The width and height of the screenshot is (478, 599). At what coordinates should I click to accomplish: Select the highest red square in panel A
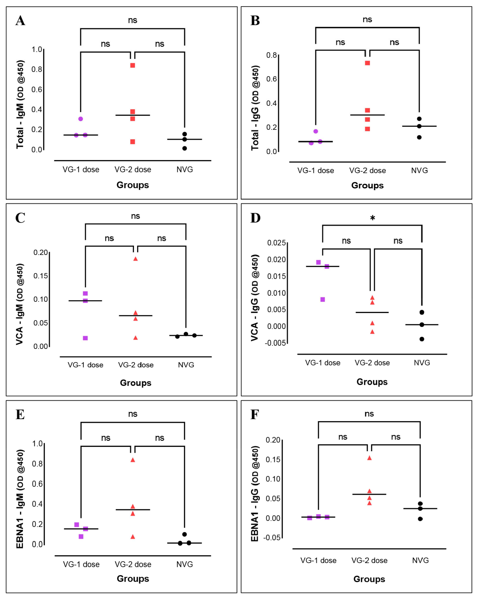coord(133,65)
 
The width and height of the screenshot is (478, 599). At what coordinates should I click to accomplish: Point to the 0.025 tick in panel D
coord(276,243)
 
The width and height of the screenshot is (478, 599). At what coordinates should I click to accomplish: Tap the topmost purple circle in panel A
coord(81,119)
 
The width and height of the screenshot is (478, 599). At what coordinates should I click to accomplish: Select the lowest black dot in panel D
coord(422,339)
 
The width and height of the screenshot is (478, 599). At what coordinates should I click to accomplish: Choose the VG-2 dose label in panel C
coord(136,365)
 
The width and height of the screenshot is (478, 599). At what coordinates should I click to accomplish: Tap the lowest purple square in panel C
coord(85,338)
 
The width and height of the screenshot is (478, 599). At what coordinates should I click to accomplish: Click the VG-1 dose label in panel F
coord(318,560)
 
